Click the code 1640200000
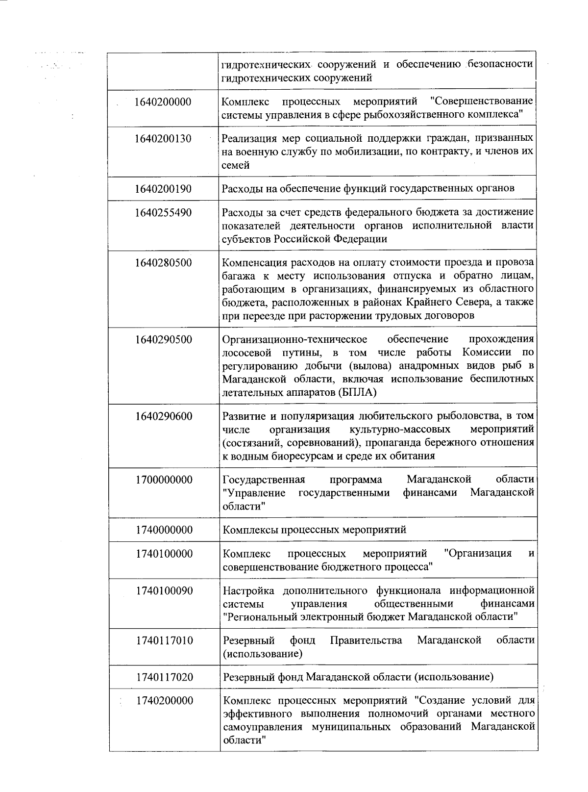click(163, 102)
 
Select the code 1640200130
click(163, 139)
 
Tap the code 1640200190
click(163, 189)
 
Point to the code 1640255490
click(163, 213)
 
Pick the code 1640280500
click(163, 263)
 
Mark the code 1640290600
click(164, 416)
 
